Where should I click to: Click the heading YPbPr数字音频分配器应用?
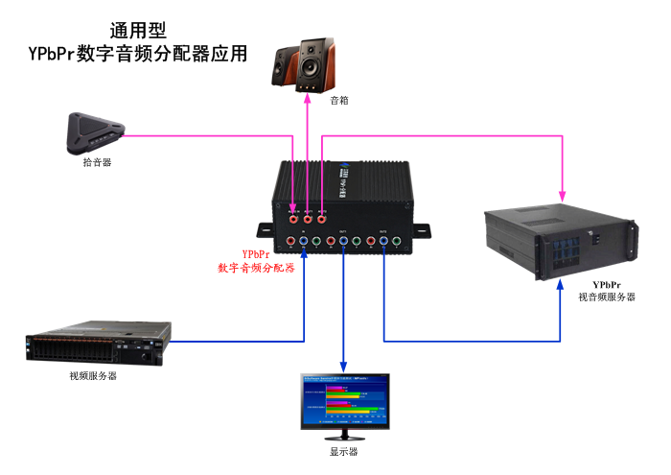(x=139, y=54)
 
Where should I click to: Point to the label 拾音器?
(x=97, y=162)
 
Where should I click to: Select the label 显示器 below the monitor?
(x=344, y=451)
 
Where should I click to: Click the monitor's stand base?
(x=344, y=437)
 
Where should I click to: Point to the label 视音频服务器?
(x=607, y=297)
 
